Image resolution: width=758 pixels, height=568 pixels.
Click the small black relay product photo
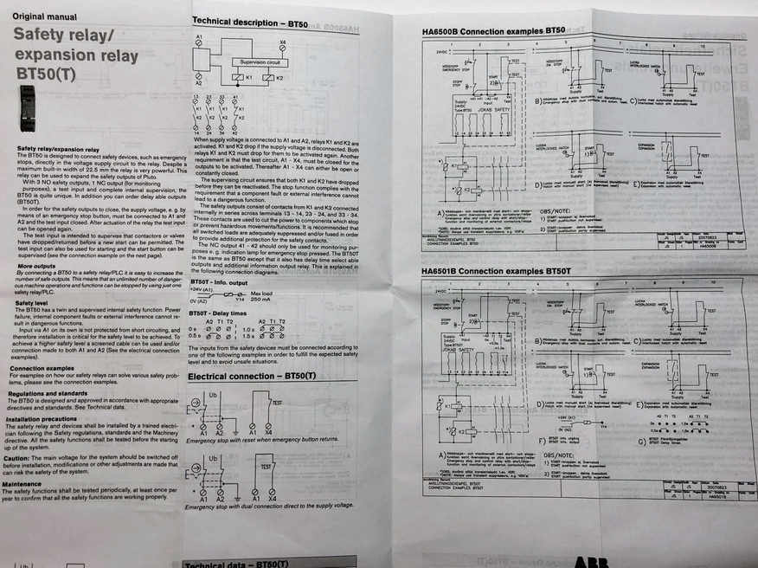[27, 107]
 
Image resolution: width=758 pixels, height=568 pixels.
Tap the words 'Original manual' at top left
[45, 16]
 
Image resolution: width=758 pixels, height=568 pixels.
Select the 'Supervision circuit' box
[260, 62]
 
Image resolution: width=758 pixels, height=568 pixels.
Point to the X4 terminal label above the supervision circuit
[283, 41]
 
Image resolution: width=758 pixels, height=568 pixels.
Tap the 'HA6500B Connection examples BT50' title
[493, 31]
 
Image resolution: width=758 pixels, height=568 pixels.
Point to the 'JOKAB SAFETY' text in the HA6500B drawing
[493, 110]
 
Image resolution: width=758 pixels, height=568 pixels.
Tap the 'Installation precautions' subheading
[47, 419]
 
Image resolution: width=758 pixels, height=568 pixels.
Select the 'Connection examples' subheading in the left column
[43, 368]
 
